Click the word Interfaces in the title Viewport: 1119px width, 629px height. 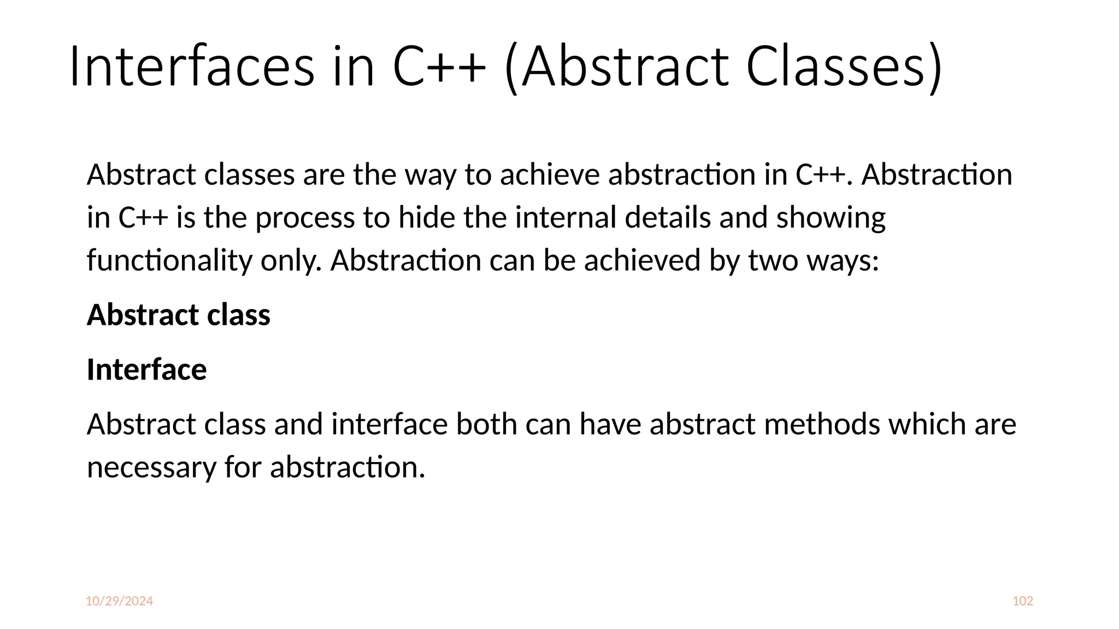pos(191,67)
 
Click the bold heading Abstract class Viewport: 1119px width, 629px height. pos(178,315)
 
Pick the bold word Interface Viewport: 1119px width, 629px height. pos(146,370)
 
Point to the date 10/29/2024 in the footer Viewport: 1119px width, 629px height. pos(119,601)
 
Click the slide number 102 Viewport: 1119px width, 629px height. pos(1022,601)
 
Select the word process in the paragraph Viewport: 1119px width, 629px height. pos(305,218)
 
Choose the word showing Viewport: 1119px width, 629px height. pos(831,218)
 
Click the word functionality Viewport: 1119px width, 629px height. pos(169,260)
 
